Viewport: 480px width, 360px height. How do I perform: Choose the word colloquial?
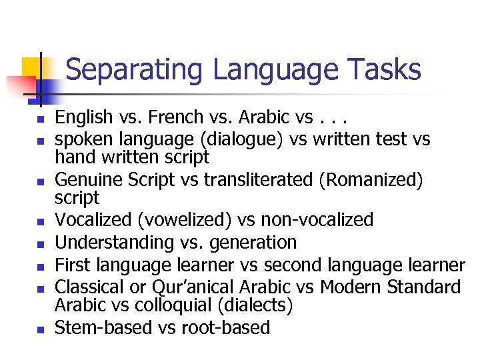point(169,305)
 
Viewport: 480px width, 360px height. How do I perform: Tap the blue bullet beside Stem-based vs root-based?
point(40,329)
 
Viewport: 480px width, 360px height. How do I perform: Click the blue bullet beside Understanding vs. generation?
point(40,244)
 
